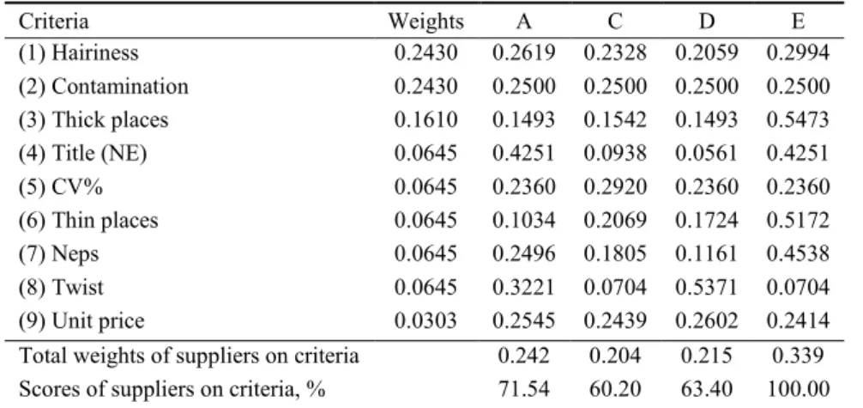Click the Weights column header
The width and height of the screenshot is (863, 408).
426,22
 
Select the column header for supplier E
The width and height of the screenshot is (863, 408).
799,22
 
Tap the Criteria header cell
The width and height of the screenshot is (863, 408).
53,22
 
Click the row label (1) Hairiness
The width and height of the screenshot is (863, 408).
79,53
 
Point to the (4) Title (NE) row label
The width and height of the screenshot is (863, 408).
82,153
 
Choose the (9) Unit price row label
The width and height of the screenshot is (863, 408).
81,321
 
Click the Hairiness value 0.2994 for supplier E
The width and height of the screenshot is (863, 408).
798,53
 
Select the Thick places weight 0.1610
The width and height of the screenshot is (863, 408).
426,119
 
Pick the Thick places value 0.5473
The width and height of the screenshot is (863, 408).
798,119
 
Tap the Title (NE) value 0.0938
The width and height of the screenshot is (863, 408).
615,153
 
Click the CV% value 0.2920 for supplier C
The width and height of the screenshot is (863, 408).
615,187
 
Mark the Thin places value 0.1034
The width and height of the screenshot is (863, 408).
524,221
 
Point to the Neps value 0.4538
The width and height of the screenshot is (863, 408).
798,253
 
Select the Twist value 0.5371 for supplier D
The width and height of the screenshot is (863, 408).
707,287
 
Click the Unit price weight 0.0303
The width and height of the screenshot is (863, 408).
426,321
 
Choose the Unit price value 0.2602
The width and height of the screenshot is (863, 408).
707,321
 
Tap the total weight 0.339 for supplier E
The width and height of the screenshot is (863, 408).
798,356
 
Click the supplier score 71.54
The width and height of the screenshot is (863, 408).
524,389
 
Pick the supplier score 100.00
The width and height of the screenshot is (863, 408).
798,389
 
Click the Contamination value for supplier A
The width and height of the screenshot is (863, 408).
524,87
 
